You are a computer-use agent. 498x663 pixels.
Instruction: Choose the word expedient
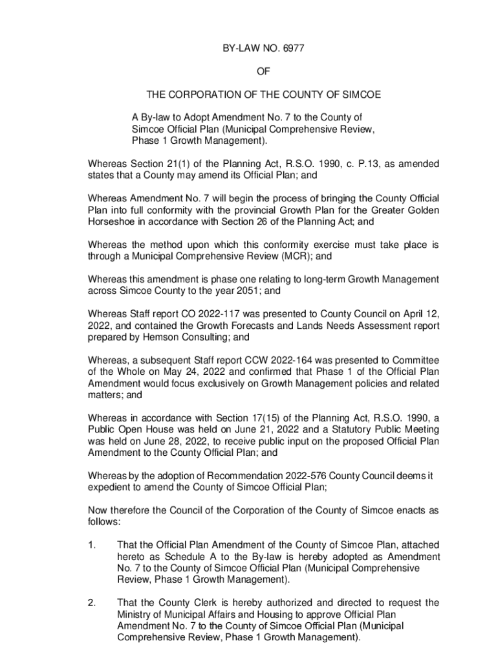click(111, 488)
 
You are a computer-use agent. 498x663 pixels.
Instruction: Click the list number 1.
click(91, 545)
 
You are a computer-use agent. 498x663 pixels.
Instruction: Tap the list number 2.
click(91, 603)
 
